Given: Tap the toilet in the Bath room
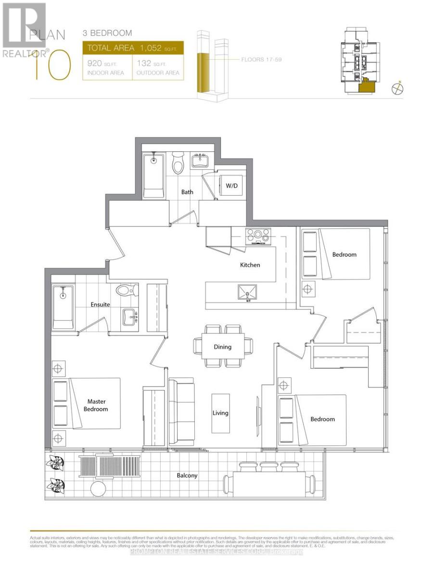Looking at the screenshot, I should pyautogui.click(x=178, y=164).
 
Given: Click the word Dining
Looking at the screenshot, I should pyautogui.click(x=223, y=347).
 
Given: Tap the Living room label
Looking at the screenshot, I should pyautogui.click(x=221, y=413).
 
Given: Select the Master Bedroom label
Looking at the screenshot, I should pyautogui.click(x=97, y=405).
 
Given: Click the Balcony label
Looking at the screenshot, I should pyautogui.click(x=187, y=476).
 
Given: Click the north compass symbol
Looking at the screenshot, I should pyautogui.click(x=397, y=88).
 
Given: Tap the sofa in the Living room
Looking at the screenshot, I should pyautogui.click(x=181, y=412).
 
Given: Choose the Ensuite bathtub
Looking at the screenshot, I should pyautogui.click(x=63, y=308).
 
